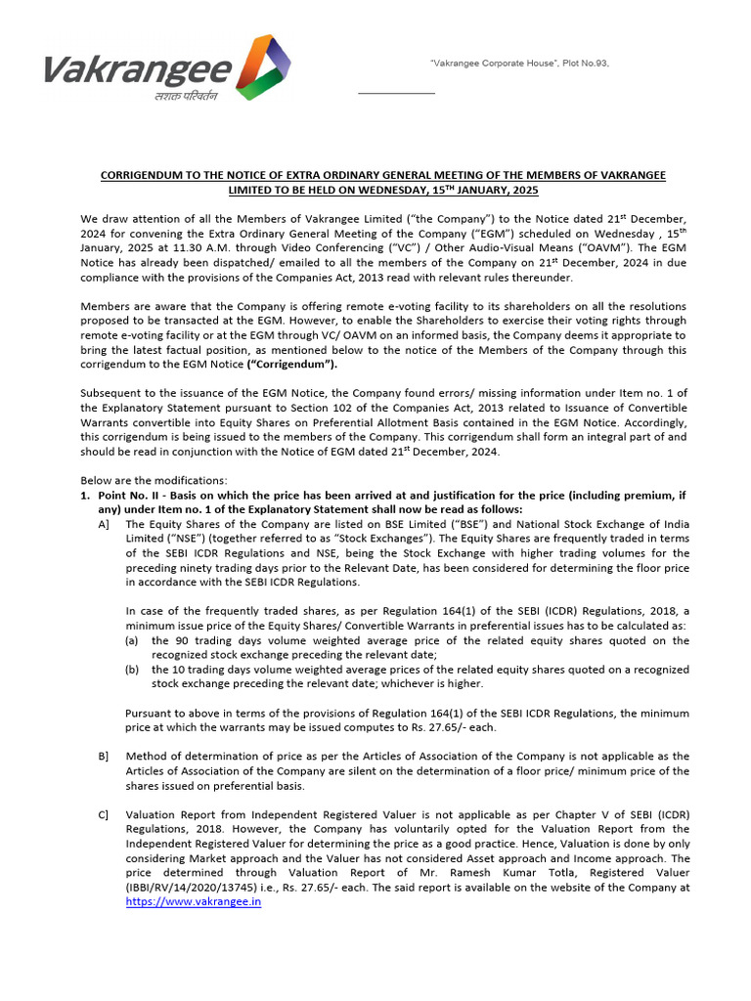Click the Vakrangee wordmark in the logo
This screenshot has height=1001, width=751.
(x=137, y=70)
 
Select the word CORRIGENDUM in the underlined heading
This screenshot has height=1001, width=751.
(x=148, y=175)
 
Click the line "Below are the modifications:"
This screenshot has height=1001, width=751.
(x=153, y=480)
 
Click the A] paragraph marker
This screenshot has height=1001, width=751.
(x=104, y=525)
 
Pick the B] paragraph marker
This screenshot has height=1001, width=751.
(x=104, y=757)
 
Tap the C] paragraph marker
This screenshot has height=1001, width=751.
(x=104, y=815)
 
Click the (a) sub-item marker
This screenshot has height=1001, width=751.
(x=132, y=641)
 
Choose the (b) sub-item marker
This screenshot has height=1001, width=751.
(x=132, y=670)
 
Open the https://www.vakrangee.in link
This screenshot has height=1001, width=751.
(x=194, y=902)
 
